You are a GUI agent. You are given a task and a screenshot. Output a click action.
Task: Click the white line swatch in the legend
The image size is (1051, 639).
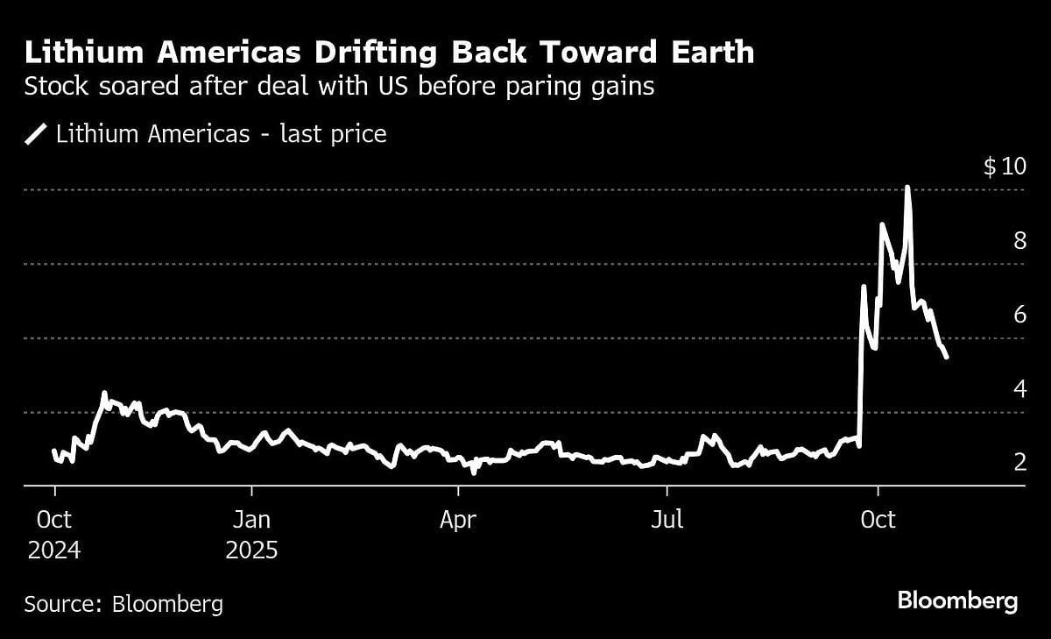(37, 135)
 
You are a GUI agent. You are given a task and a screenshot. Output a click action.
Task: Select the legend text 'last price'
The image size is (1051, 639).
(335, 135)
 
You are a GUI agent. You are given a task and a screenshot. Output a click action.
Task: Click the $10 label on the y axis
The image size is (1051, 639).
(1004, 167)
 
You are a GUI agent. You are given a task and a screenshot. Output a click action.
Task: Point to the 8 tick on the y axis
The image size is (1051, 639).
(1019, 241)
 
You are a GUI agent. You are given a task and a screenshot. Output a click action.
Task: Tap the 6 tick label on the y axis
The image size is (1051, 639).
(1019, 315)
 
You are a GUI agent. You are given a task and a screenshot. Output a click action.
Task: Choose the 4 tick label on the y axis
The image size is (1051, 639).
(1019, 388)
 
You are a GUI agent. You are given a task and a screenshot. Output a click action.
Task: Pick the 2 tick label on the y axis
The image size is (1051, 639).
(1019, 462)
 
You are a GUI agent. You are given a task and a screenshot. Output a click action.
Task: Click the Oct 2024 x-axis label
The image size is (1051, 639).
(53, 535)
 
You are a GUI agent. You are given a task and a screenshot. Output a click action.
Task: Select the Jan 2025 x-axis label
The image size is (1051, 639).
(251, 535)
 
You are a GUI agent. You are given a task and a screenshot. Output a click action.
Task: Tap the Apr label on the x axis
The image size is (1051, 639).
(458, 520)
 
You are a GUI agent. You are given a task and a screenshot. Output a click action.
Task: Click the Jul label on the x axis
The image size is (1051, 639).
(667, 520)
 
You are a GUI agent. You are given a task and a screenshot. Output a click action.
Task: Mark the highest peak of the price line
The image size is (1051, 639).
(907, 188)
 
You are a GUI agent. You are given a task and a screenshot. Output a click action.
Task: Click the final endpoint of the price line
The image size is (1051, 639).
(946, 357)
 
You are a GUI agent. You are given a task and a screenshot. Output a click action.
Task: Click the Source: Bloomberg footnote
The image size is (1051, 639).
(123, 604)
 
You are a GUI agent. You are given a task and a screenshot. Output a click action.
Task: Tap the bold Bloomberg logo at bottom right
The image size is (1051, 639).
(957, 601)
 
